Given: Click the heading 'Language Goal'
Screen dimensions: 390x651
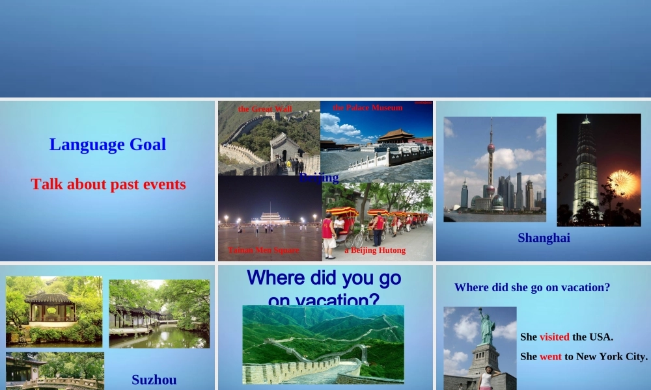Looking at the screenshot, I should pos(107,144).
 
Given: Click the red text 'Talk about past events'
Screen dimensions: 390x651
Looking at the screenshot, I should pos(108,185).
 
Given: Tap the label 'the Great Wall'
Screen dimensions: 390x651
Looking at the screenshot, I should pos(265,109).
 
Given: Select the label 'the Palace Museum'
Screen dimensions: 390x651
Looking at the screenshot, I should pos(368,108).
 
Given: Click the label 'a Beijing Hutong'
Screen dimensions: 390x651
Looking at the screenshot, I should pos(375,250).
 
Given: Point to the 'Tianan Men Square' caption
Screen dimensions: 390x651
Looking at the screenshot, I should pos(264,250).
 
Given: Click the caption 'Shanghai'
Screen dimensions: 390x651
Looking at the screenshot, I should pos(544,238).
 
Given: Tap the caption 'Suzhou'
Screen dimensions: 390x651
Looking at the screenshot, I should pos(154,380).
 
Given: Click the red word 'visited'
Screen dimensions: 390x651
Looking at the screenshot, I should pos(554,337).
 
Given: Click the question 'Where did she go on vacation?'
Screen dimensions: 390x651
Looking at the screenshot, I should pos(532,287).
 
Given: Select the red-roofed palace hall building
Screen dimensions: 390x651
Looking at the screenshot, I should pos(396,136).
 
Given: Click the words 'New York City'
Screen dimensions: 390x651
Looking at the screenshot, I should pos(612,356).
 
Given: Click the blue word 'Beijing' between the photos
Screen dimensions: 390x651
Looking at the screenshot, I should pos(319,177).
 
